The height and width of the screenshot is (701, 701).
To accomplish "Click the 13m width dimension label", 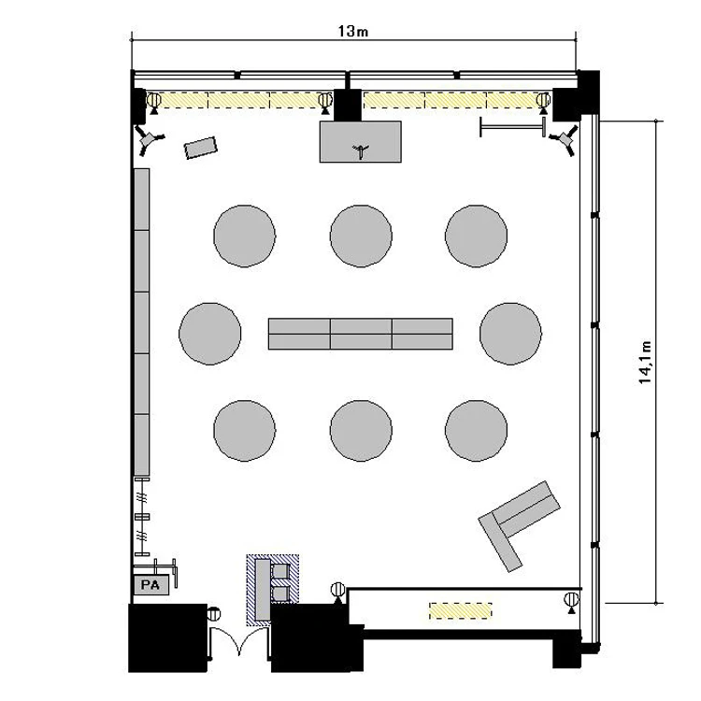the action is [x=352, y=31].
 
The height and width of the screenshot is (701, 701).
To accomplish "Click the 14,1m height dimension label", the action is [x=645, y=362].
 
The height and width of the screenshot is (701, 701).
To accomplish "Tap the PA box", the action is [x=151, y=585].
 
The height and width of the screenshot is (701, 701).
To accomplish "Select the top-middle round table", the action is [x=361, y=236].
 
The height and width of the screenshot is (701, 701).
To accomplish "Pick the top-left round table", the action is [x=245, y=236].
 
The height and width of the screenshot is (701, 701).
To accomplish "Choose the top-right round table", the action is [x=476, y=236].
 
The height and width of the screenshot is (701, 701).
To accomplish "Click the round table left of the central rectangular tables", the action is [x=209, y=334].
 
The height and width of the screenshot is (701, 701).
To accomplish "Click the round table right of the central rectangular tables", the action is [x=510, y=334].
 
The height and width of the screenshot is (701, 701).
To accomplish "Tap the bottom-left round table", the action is [x=245, y=431].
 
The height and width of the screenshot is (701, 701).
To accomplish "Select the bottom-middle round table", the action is [x=361, y=431].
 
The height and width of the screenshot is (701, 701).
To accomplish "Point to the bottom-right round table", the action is [x=476, y=431].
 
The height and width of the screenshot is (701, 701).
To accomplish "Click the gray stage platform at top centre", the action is [x=361, y=141].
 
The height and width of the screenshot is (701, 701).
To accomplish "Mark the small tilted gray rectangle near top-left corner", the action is [x=201, y=148].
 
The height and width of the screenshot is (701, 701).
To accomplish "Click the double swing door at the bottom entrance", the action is [x=239, y=641].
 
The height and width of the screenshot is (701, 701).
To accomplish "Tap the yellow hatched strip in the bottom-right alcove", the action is [x=461, y=610].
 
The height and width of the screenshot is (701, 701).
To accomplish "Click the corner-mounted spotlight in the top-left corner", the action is [x=149, y=139].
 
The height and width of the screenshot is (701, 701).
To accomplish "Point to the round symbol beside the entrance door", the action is [x=214, y=613].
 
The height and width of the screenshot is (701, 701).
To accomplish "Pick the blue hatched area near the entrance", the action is [x=273, y=590].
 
